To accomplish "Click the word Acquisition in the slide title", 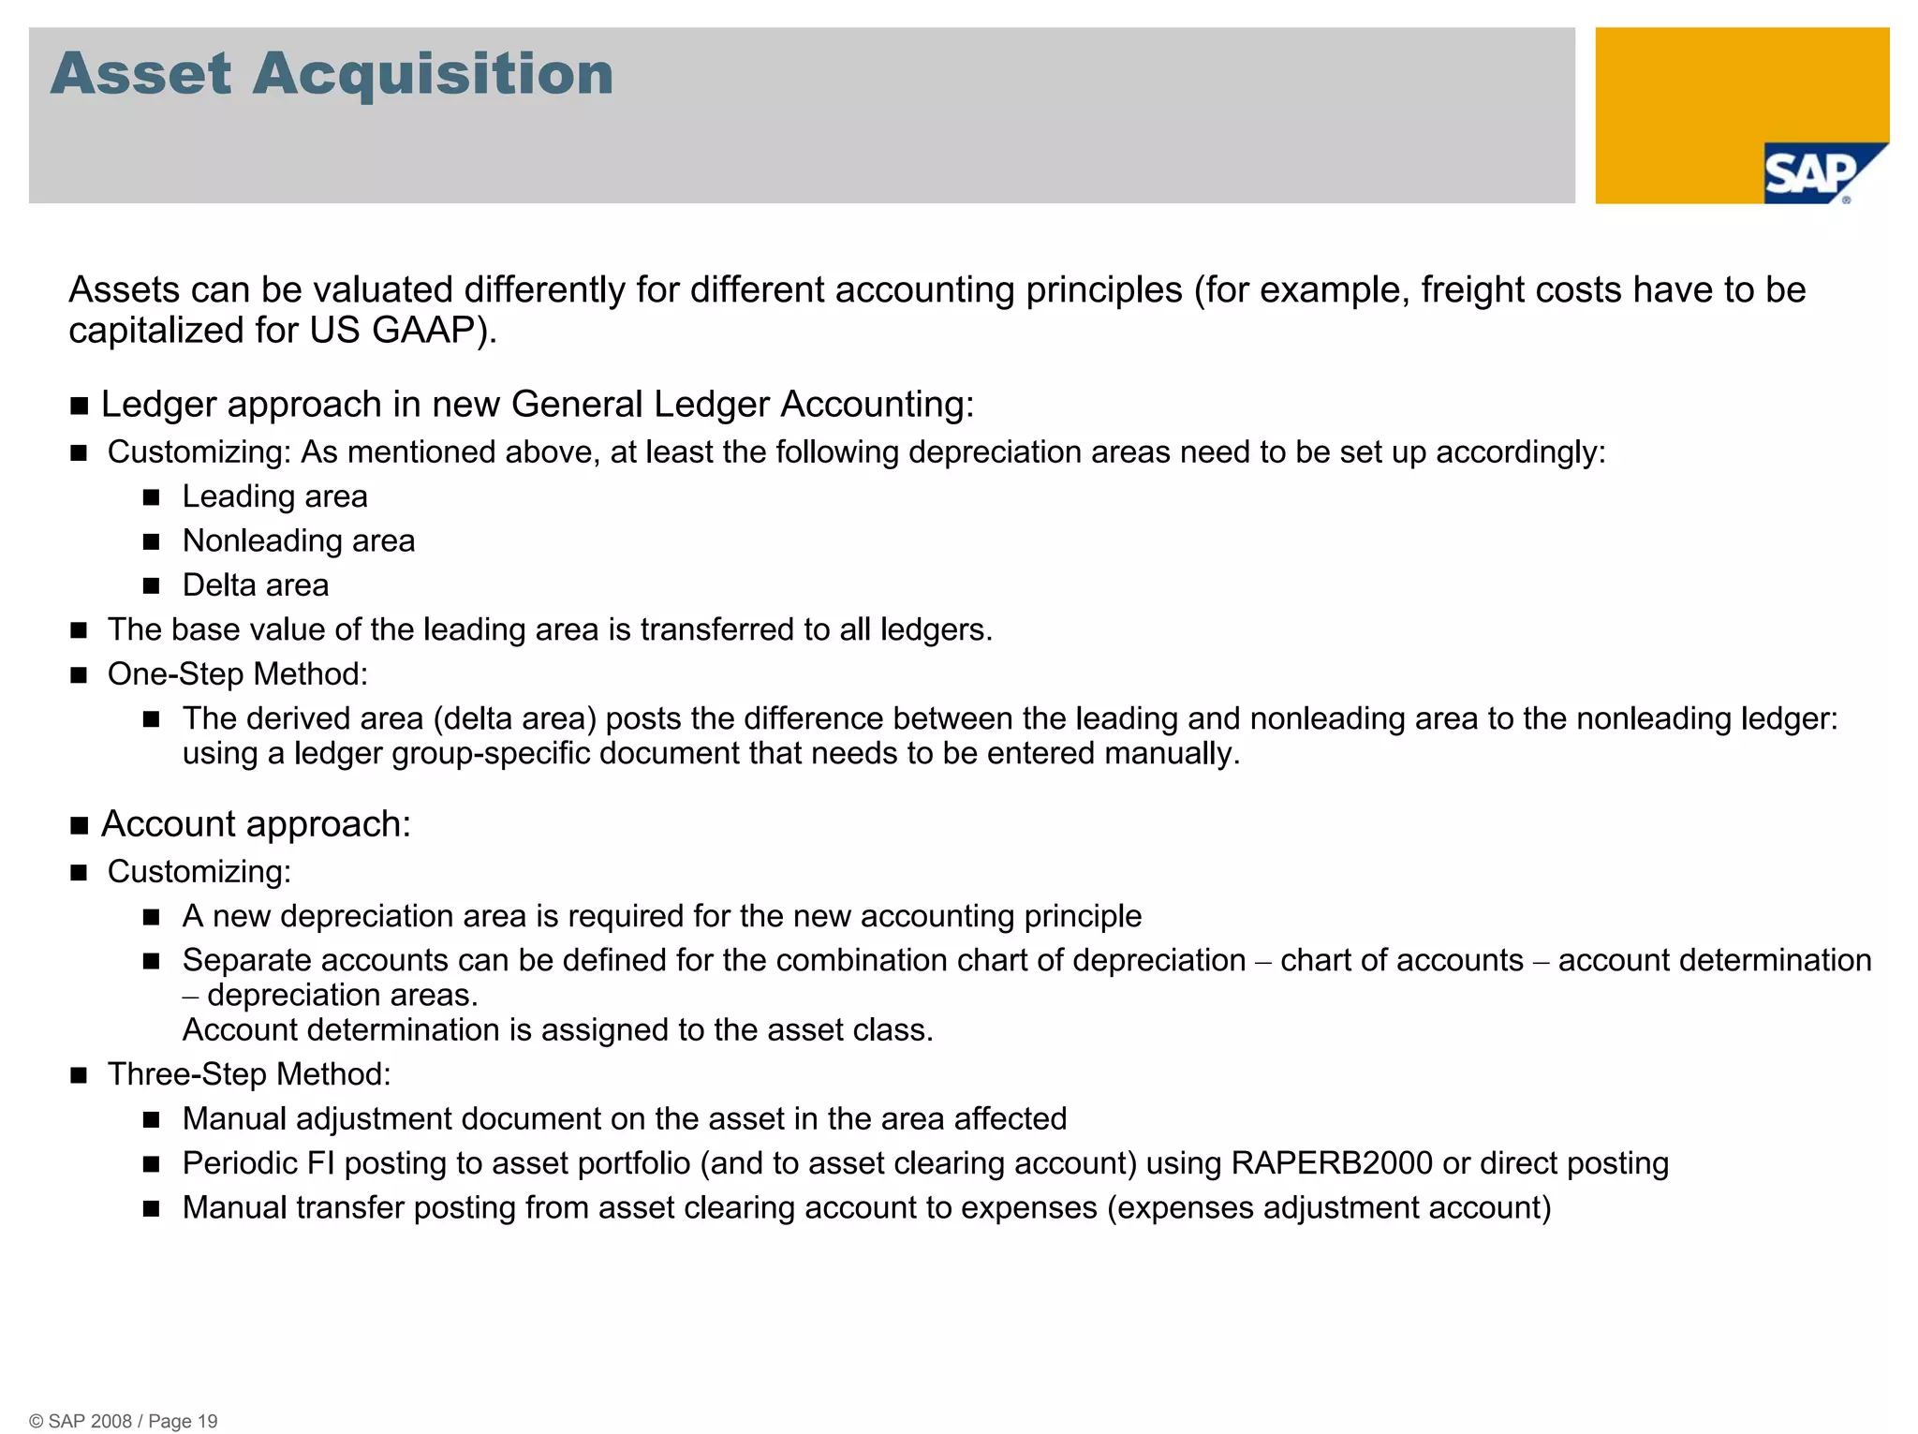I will point(433,74).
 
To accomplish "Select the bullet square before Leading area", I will point(152,497).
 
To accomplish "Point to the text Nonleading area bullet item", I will point(298,541).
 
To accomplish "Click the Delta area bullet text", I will point(256,585).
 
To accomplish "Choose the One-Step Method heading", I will point(238,674).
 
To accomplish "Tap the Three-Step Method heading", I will point(249,1074).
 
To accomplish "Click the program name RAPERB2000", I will point(1332,1163).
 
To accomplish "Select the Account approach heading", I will point(256,824).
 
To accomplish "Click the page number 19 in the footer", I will point(208,1421).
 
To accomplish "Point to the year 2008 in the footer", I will point(111,1421).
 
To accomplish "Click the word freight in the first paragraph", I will point(1473,290).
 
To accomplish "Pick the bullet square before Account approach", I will point(80,826).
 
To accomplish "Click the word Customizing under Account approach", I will point(199,872).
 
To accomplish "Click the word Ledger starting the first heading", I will point(156,405).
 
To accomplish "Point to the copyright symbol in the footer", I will point(37,1421).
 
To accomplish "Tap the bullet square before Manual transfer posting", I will point(152,1209).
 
